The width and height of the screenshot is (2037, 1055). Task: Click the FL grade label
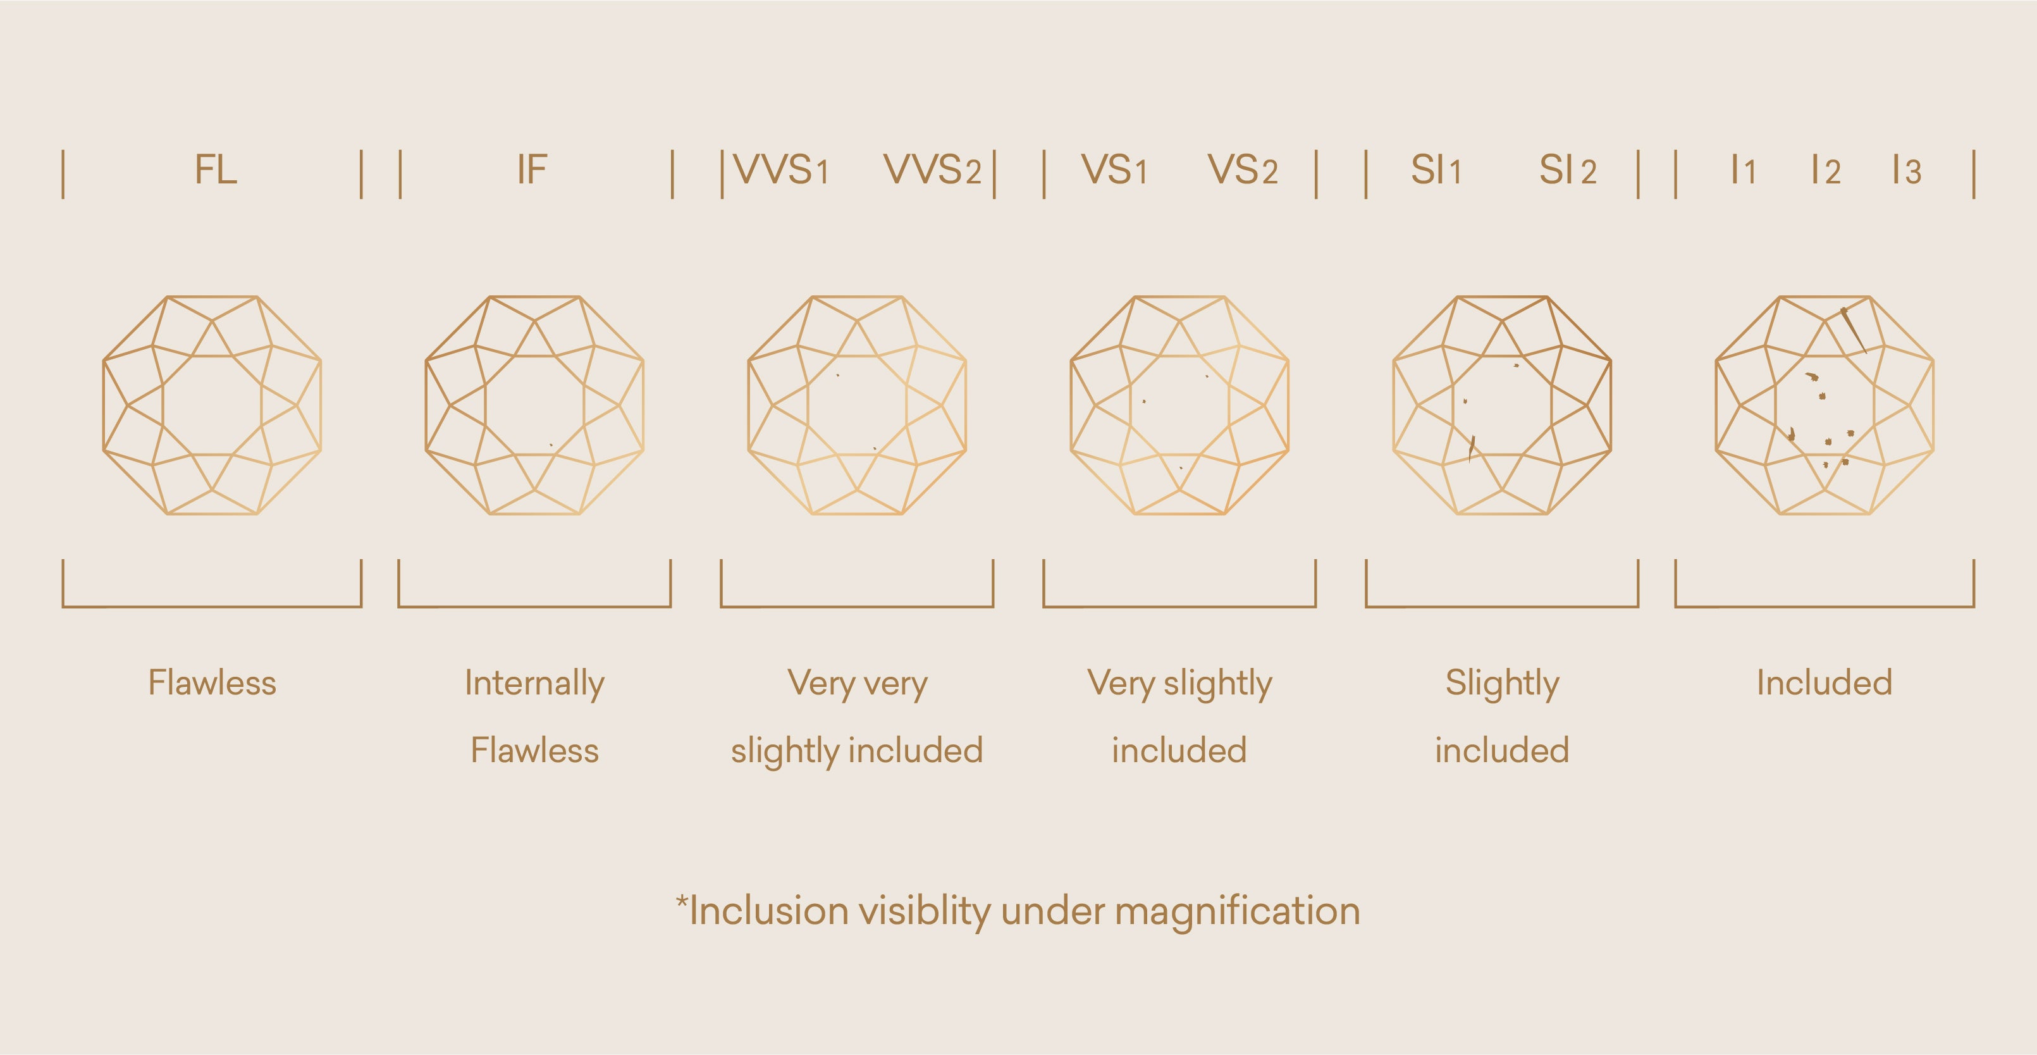[x=215, y=170]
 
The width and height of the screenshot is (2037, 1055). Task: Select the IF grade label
[x=532, y=170]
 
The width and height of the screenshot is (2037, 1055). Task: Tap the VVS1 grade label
[x=781, y=170]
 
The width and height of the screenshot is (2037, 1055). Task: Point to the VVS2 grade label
[x=932, y=170]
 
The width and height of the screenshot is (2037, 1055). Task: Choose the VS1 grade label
[x=1114, y=170]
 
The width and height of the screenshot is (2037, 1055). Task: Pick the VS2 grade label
[x=1242, y=170]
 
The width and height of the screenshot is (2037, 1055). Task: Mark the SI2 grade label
[x=1567, y=170]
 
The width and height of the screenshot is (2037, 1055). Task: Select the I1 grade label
[x=1743, y=170]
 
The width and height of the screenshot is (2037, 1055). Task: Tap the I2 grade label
[x=1826, y=170]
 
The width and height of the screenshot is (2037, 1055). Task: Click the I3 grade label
[x=1907, y=170]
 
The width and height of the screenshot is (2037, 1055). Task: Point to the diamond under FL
[x=212, y=405]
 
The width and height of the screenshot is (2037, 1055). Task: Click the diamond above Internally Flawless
[x=534, y=405]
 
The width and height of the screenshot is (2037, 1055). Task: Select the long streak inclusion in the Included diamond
[x=1854, y=329]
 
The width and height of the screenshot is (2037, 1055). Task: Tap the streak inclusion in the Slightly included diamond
[x=1472, y=448]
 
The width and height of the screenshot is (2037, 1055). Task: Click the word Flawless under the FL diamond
[x=212, y=682]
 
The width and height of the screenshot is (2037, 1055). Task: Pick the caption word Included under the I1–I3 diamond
[x=1825, y=682]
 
